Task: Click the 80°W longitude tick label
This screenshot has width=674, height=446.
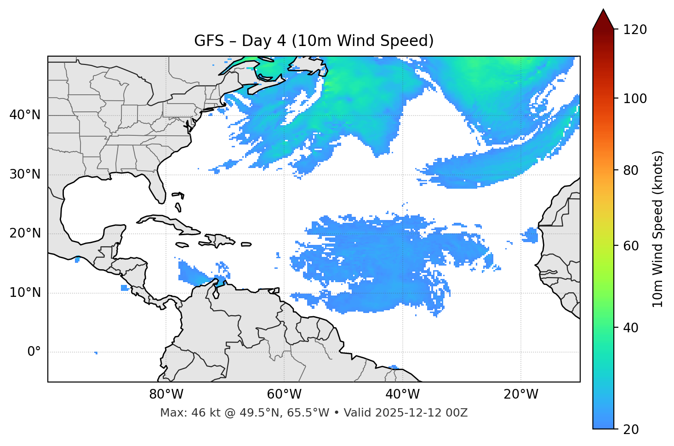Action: [x=166, y=394]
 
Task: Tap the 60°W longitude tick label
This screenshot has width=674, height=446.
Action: [x=284, y=394]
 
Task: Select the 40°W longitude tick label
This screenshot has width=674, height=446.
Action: [x=402, y=394]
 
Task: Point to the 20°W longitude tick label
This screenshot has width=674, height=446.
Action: [x=520, y=394]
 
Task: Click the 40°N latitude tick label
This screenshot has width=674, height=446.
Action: [x=25, y=115]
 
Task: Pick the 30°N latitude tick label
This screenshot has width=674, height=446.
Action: [x=25, y=174]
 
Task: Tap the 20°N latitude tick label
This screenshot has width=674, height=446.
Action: [x=25, y=233]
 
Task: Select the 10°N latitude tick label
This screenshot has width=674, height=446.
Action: [x=25, y=293]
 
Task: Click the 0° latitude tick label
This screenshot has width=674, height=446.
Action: [x=34, y=352]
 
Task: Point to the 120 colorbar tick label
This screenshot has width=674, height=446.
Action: [x=635, y=30]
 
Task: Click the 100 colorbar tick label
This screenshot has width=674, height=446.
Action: [x=635, y=98]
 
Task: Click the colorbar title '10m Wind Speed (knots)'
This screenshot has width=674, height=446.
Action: [x=658, y=229]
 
